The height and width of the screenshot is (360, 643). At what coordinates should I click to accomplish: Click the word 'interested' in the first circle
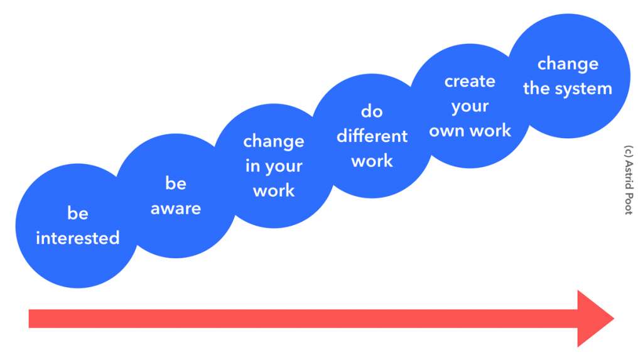(77, 238)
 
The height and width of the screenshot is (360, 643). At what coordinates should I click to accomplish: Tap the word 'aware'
(176, 209)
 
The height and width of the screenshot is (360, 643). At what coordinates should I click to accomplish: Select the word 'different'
(372, 136)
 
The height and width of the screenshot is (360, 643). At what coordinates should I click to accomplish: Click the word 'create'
(470, 81)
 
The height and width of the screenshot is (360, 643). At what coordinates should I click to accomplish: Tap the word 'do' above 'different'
(372, 111)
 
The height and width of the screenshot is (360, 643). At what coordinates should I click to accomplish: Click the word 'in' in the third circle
(252, 166)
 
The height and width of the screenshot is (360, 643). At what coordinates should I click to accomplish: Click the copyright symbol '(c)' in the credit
(629, 151)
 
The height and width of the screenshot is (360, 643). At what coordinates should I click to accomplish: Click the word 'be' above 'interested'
(78, 213)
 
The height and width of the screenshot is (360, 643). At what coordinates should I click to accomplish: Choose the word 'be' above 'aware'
(176, 183)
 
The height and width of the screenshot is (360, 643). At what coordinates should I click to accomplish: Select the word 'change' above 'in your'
(274, 141)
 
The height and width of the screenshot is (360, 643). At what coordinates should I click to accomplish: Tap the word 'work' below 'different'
(372, 161)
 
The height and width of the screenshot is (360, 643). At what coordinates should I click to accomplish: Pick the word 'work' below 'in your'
(274, 191)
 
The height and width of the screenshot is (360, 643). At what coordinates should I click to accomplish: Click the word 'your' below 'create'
(470, 107)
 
